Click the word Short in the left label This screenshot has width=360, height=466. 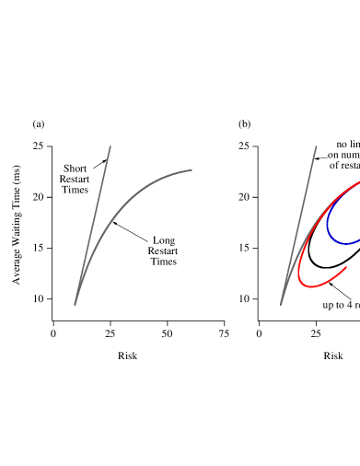coord(75,169)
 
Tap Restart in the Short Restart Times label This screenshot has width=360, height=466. coord(75,180)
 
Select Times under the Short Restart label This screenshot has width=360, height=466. coord(75,190)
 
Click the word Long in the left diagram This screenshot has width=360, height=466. coord(164,240)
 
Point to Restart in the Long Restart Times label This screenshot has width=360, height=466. coord(164,250)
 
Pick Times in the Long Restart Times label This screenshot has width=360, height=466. coord(164,262)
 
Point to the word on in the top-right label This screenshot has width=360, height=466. coord(333,156)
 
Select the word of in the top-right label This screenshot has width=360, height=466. coord(334,166)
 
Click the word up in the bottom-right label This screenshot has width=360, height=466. coord(328,305)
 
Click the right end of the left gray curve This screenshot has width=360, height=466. coord(192,169)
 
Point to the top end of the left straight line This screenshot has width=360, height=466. coord(110,146)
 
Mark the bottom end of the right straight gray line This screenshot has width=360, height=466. coord(281,304)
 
